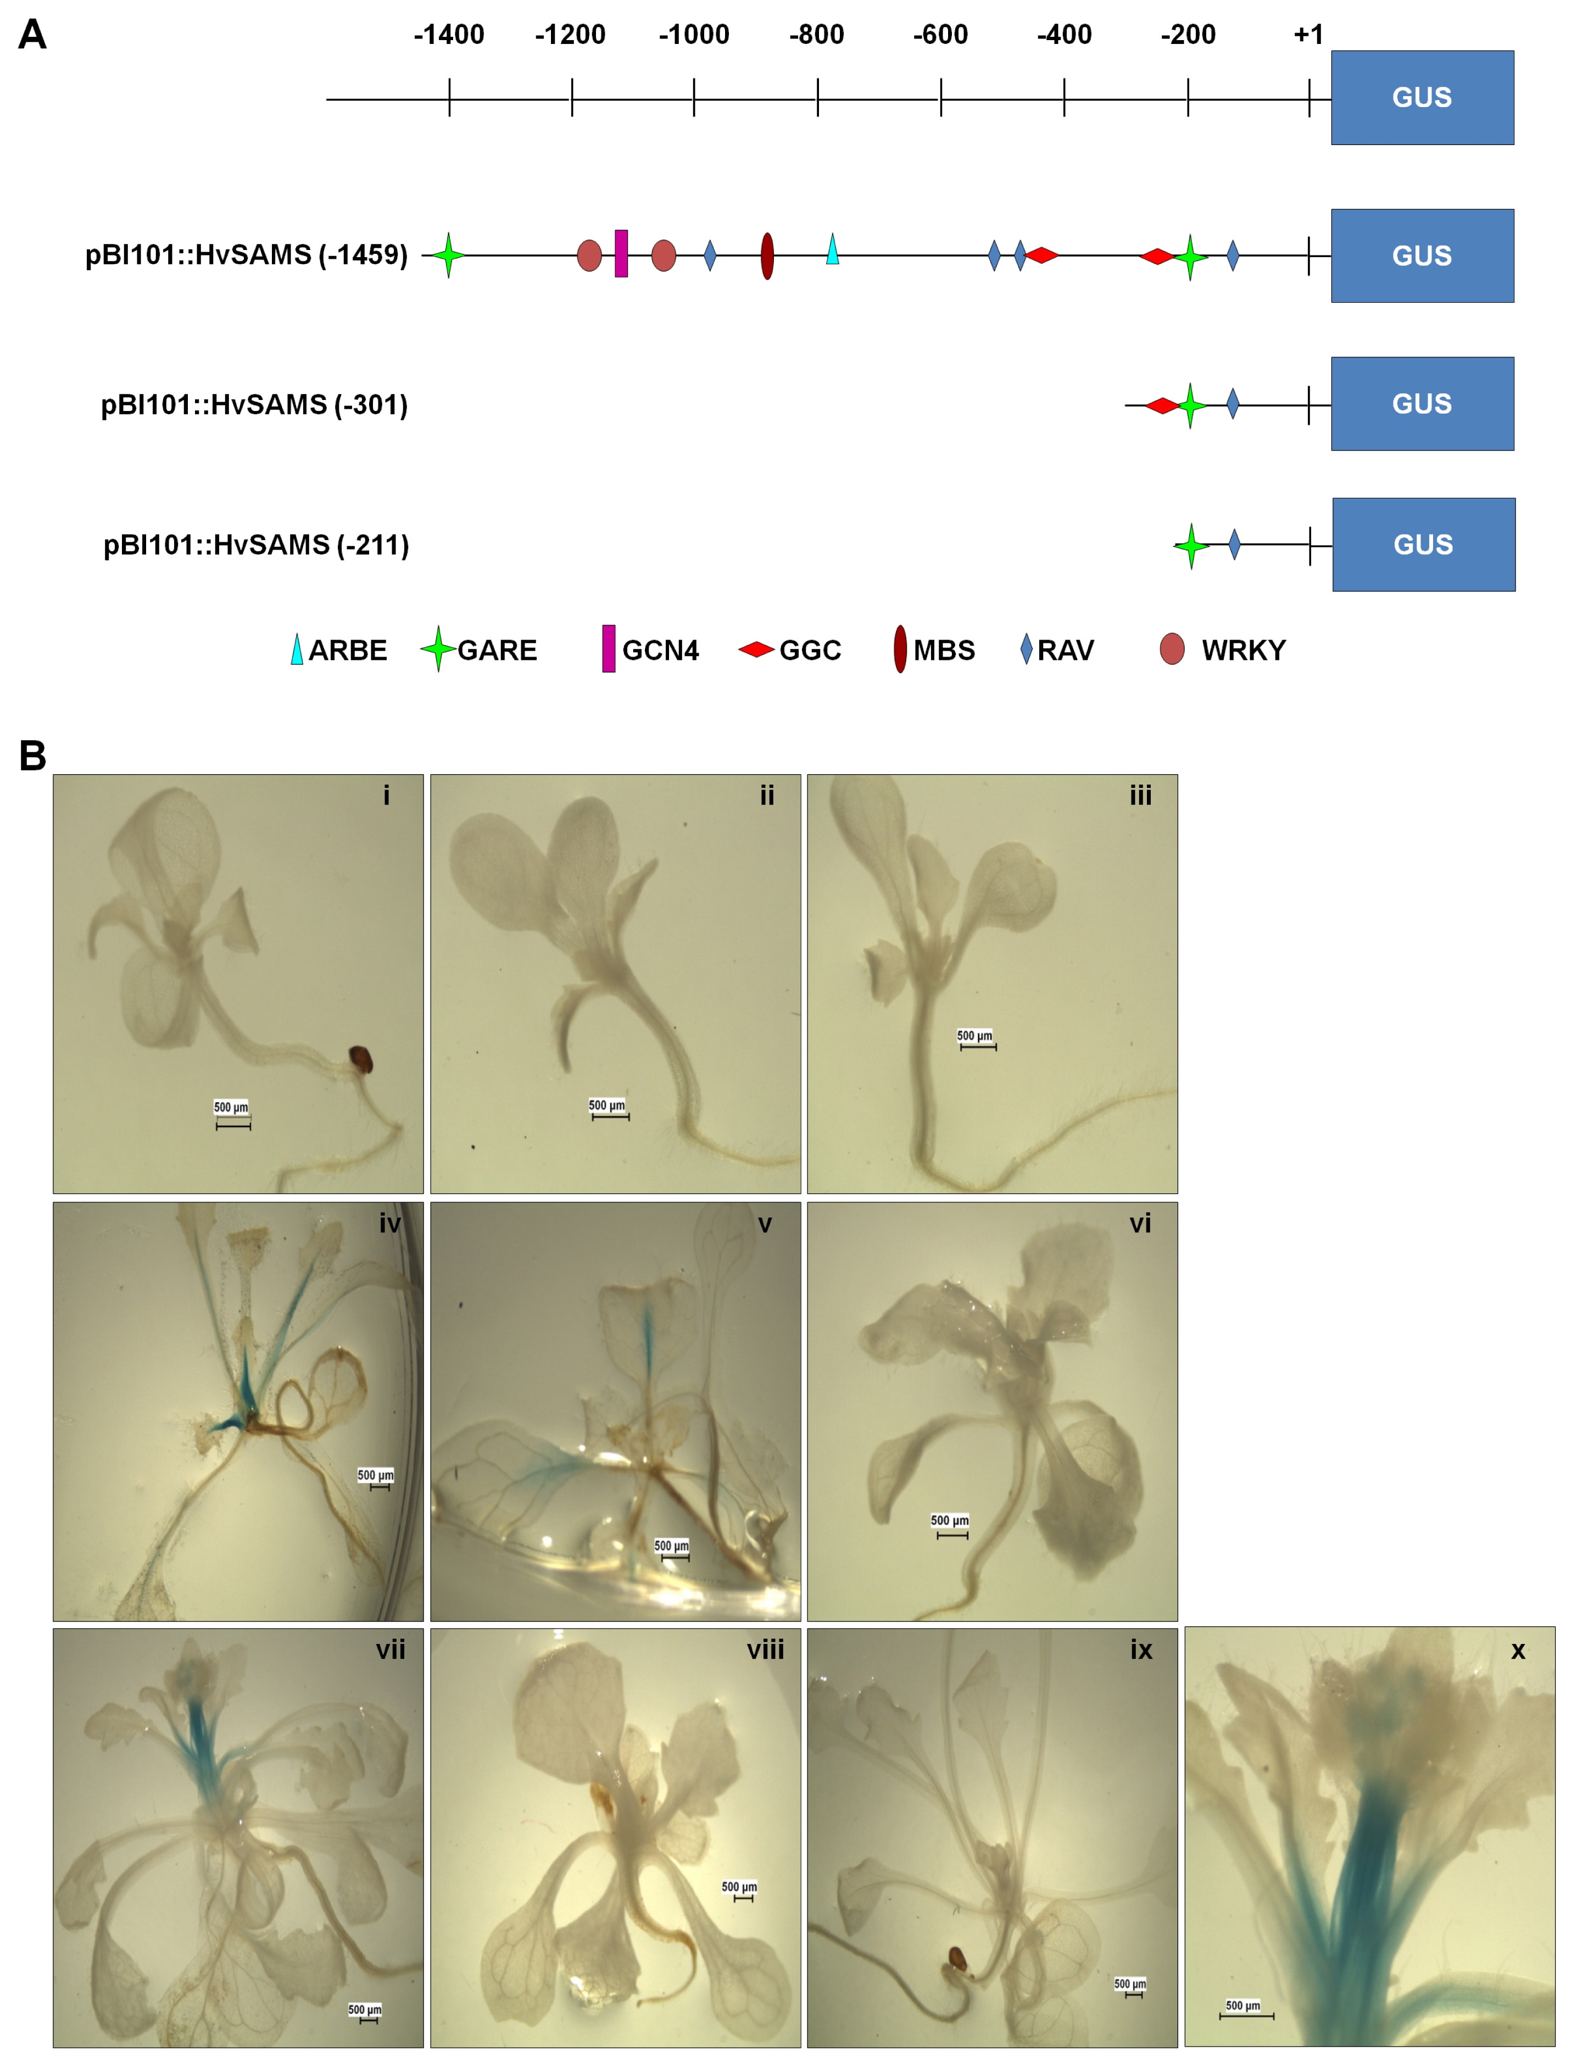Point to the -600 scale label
click(940, 35)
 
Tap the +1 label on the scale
click(1308, 35)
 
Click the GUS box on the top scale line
click(1422, 98)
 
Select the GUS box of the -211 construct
click(1424, 544)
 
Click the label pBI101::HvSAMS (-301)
click(254, 404)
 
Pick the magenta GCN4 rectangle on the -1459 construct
click(621, 253)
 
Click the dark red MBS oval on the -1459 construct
click(767, 255)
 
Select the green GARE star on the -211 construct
click(1191, 546)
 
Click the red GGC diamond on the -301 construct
click(1163, 405)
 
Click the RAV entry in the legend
click(1058, 649)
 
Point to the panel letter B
click(33, 755)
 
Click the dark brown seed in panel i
click(361, 1060)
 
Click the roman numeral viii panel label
click(766, 1650)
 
